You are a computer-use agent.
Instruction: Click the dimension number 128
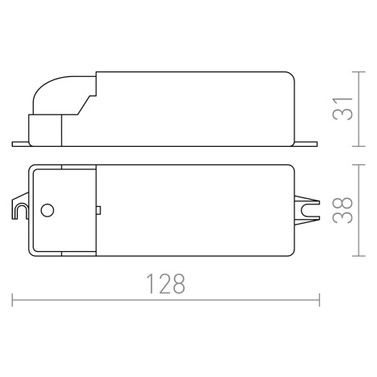pyautogui.click(x=165, y=283)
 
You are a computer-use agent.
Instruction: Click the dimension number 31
pyautogui.click(x=343, y=108)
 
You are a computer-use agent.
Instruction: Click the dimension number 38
pyautogui.click(x=343, y=210)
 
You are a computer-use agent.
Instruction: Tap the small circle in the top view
pyautogui.click(x=47, y=210)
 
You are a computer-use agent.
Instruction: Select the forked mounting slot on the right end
pyautogui.click(x=307, y=210)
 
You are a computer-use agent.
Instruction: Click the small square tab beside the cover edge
pyautogui.click(x=98, y=210)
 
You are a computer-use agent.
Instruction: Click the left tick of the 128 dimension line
pyautogui.click(x=12, y=300)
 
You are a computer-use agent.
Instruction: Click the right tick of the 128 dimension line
pyautogui.click(x=319, y=300)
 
